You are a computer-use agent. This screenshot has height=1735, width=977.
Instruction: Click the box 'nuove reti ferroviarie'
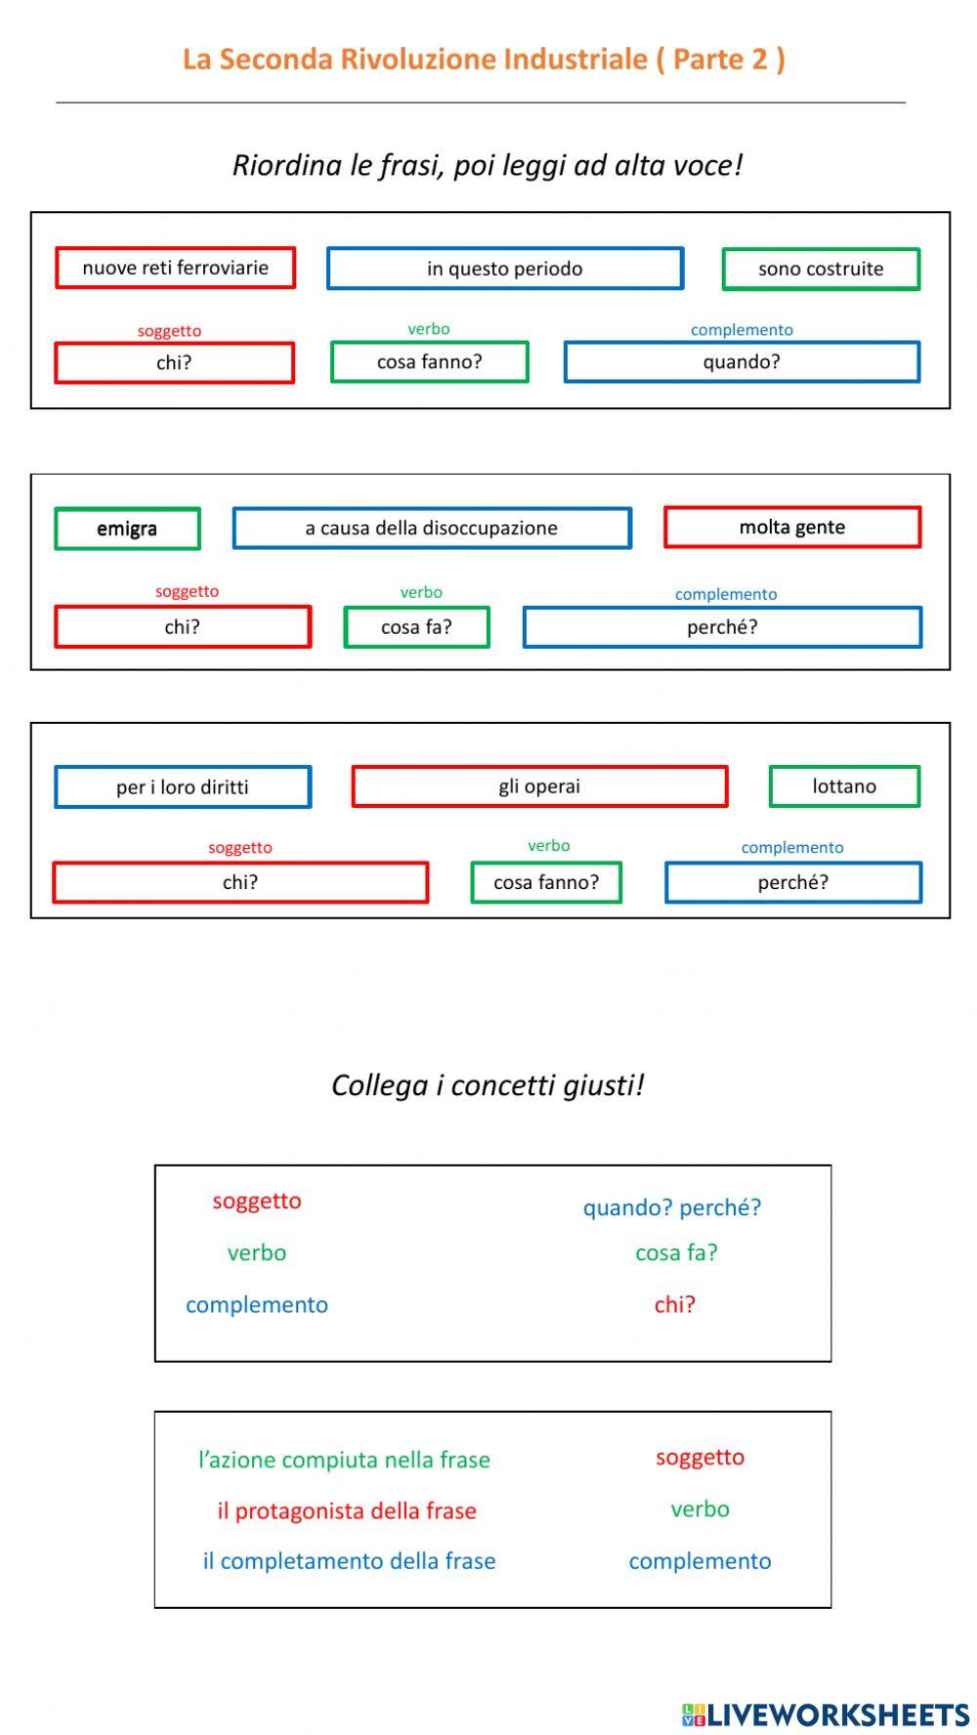[175, 268]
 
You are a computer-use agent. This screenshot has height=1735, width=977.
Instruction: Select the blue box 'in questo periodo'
[504, 269]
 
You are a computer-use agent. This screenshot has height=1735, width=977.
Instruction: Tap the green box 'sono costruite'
[821, 270]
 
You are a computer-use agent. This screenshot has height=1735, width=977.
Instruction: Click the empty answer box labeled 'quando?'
[742, 362]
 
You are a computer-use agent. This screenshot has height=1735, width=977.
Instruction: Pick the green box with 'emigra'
[127, 529]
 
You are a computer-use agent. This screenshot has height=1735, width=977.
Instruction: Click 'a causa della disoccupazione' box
[432, 529]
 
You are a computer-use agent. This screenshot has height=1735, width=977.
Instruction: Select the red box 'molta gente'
[792, 528]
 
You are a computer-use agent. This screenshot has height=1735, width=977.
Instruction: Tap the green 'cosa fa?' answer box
[416, 627]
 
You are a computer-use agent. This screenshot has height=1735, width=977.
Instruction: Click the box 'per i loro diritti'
[183, 787]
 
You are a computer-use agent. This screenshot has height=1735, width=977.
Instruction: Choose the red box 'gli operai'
[539, 786]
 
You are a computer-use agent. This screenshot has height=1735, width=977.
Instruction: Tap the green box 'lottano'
[844, 786]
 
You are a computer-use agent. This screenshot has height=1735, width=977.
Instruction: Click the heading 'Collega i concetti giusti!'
[488, 1085]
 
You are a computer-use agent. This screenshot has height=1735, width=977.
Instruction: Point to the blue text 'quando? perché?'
[672, 1207]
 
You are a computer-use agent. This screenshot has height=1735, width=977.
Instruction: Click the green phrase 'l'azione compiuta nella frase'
[344, 1460]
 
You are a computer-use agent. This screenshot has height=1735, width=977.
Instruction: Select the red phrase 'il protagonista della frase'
[347, 1510]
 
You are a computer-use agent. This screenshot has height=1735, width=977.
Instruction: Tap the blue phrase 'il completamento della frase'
[349, 1561]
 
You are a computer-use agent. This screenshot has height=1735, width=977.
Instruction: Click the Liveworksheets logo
[826, 1714]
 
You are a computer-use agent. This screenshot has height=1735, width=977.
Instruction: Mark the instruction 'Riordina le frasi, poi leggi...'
[488, 165]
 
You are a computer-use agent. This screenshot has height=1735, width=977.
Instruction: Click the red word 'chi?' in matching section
[675, 1304]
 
